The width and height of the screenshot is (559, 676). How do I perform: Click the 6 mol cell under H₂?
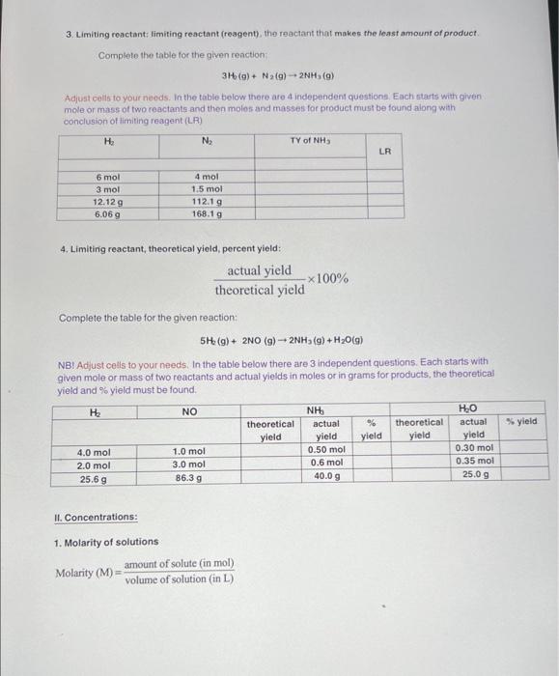pos(106,177)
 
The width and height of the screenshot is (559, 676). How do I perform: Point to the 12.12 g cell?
pos(106,202)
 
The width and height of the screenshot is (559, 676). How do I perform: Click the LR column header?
pos(384,151)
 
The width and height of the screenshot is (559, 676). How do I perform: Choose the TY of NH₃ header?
pos(310,141)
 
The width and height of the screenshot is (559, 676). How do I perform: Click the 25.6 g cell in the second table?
pos(94,478)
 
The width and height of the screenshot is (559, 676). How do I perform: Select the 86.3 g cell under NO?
pos(188,478)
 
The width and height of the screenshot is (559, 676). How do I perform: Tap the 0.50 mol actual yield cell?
pos(326,449)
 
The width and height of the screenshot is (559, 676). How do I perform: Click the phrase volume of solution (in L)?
pos(179,579)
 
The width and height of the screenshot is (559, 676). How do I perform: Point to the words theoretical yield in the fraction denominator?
pos(260,290)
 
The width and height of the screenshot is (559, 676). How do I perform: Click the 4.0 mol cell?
pos(94,452)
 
